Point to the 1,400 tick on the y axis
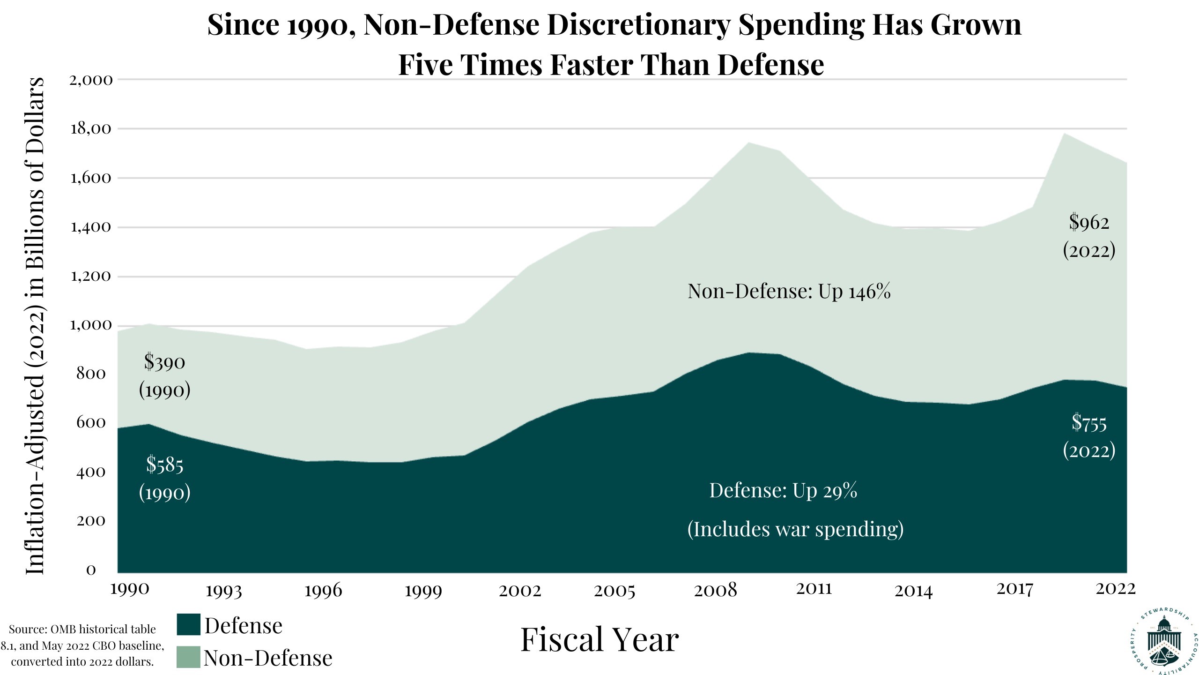91,228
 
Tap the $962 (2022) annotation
1089,236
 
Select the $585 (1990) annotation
165,478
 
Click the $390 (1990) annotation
165,376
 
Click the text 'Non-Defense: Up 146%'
789,292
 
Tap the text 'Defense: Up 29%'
783,491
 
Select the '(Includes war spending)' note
795,529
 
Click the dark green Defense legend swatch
188,625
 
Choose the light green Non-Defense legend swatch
188,657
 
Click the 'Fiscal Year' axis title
599,640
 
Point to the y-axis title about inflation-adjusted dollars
35,326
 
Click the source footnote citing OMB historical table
82,645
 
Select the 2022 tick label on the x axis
1116,588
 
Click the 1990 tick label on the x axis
130,588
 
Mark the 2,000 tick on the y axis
91,80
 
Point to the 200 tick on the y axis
91,521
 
